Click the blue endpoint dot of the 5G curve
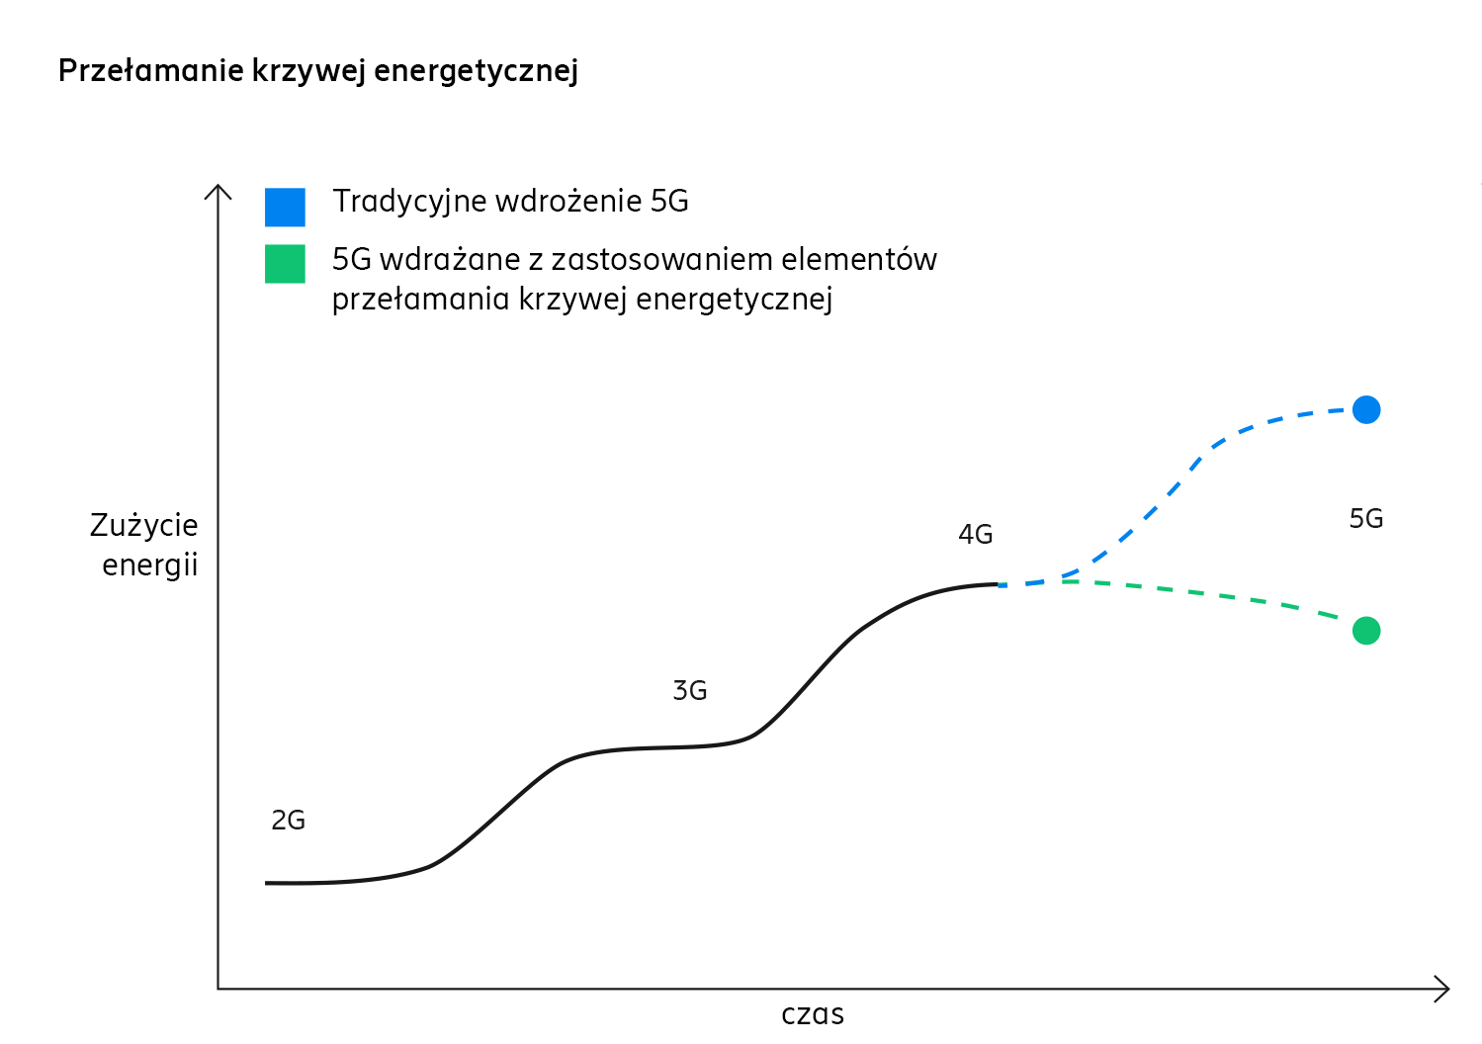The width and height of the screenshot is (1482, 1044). coord(1365,409)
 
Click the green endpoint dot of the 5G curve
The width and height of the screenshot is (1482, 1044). coord(1365,630)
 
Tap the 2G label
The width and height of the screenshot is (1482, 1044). coord(288,821)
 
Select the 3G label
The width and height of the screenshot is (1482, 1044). coord(689,691)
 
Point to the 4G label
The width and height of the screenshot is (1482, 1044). coord(975,535)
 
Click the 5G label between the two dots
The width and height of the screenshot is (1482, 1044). coord(1365,519)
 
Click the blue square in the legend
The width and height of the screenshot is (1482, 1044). coord(285,207)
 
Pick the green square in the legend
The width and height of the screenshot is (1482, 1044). coord(285,264)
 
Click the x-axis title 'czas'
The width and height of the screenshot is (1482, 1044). coord(812,1015)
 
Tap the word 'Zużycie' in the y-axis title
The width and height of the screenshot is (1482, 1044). coord(144,525)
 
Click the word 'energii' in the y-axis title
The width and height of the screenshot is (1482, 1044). coord(150,565)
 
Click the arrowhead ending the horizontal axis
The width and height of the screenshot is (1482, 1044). coord(1444,989)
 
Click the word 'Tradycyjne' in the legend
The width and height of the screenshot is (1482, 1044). coord(408,202)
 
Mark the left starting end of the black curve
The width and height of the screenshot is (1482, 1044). coord(267,883)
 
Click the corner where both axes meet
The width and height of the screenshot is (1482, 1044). coord(218,989)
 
